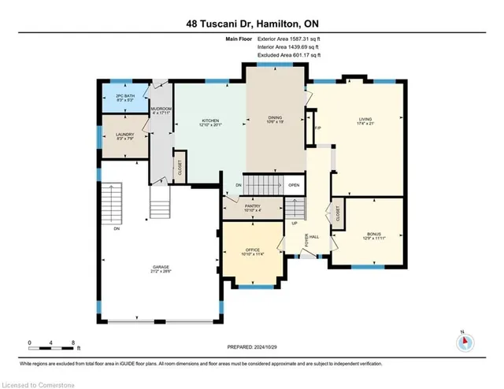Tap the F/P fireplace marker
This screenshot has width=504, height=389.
click(x=317, y=128)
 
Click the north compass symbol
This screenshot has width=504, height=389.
click(x=465, y=341)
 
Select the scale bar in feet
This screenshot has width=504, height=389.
click(x=50, y=343)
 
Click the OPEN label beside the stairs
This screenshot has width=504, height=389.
click(x=294, y=186)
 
